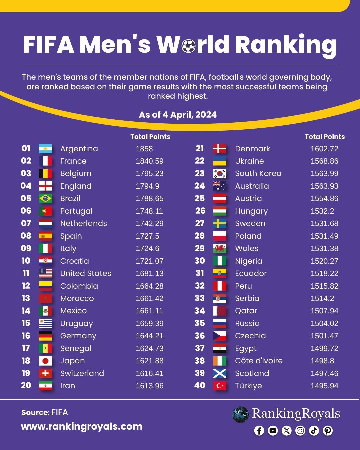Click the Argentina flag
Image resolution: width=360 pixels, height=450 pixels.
[x=45, y=149]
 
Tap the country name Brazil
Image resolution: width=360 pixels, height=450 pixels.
[x=70, y=198]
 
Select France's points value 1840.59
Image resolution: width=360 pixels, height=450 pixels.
[x=150, y=161]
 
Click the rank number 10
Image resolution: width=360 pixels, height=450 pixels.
[x=26, y=261]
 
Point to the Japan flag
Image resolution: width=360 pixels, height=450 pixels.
[x=45, y=361]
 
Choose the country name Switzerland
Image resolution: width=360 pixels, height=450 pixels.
[x=82, y=373]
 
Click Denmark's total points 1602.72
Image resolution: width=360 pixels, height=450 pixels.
[x=324, y=149]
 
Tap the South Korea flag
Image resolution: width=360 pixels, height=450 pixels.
[x=220, y=173]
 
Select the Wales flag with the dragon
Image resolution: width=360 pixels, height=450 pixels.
[x=220, y=248]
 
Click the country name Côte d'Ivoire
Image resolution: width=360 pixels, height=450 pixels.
[x=259, y=361]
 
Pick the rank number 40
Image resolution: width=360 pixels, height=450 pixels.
[x=200, y=385]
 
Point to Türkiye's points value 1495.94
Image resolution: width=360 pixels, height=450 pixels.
[x=324, y=386]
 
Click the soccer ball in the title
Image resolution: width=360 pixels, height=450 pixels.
[x=189, y=46]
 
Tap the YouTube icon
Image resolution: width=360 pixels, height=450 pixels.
[x=273, y=431]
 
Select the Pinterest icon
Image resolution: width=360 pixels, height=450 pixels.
[x=328, y=431]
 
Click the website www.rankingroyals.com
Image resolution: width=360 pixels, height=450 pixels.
[x=82, y=426]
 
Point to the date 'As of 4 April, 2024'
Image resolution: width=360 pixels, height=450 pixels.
[x=178, y=115]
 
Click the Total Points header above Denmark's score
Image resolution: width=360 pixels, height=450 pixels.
[x=325, y=137]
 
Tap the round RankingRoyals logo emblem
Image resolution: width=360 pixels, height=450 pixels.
[x=240, y=414]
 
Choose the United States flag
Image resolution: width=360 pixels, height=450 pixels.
[x=45, y=273]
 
